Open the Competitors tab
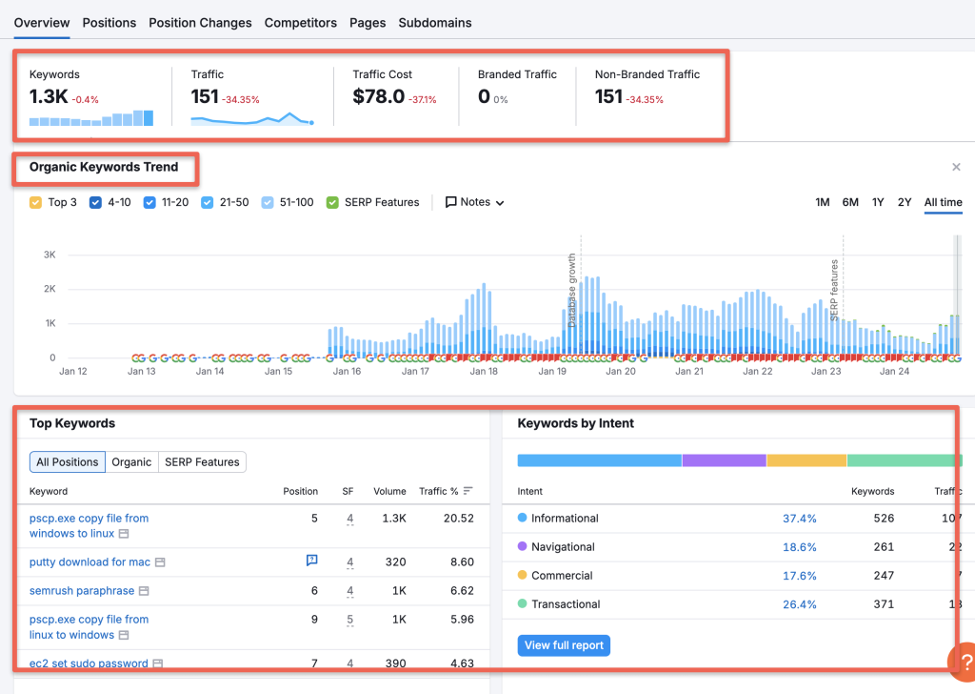coord(300,22)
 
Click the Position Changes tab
coord(200,22)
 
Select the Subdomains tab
coord(434,22)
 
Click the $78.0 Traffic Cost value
coord(378,96)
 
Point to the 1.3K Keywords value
coord(49,96)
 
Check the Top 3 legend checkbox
coord(36,202)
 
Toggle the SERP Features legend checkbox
coord(332,202)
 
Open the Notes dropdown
coord(474,202)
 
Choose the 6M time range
coord(850,202)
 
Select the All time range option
coord(943,202)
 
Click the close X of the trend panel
coord(956,168)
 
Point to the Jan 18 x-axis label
coord(484,371)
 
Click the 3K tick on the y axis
coord(49,255)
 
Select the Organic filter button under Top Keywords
coord(131,462)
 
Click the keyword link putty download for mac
coord(90,562)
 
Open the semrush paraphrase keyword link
coord(82,591)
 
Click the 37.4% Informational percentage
coord(799,519)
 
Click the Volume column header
coord(389,492)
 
